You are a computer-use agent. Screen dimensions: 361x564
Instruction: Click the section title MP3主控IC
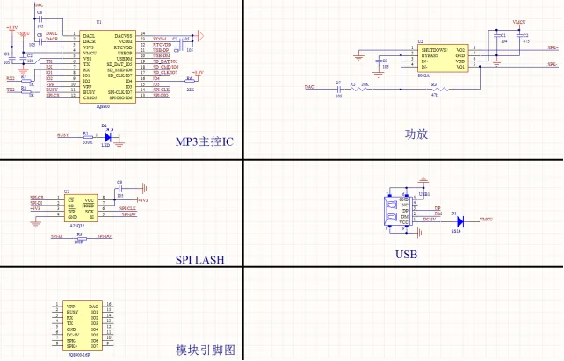coord(204,141)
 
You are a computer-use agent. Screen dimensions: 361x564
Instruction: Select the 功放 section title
coord(416,134)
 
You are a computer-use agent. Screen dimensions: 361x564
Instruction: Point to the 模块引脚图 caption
coord(206,349)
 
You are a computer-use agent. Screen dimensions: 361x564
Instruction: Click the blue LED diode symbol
coord(107,136)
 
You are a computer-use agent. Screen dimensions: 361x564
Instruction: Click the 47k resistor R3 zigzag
coord(433,88)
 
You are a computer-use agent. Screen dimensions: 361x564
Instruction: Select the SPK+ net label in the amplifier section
coord(551,50)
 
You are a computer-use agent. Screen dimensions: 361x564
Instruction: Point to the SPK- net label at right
coord(551,64)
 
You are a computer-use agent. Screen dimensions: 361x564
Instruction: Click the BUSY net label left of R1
coord(63,134)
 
